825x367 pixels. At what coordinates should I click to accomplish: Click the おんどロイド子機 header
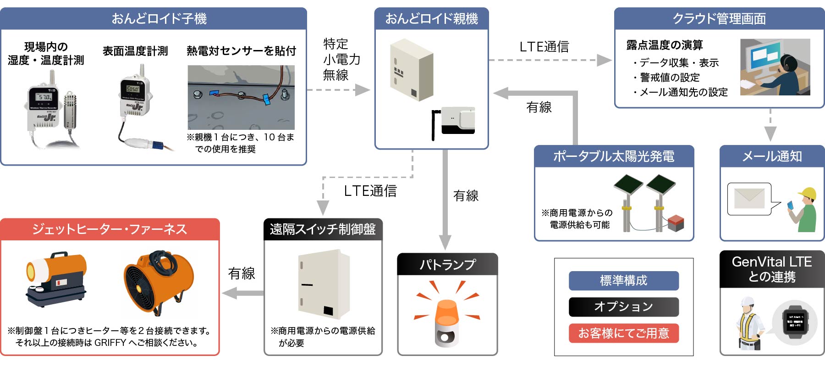click(154, 19)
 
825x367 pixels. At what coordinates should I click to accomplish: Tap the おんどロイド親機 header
click(431, 19)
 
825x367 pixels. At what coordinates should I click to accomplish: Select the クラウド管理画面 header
click(719, 19)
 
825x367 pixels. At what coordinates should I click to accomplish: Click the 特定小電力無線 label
click(341, 60)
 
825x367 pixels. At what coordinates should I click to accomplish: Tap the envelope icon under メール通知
click(749, 199)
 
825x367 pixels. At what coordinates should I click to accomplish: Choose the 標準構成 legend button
click(623, 281)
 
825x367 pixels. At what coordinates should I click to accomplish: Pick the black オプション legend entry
click(623, 307)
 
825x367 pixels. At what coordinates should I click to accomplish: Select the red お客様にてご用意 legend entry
click(623, 333)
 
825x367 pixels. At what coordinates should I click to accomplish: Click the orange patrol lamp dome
click(446, 312)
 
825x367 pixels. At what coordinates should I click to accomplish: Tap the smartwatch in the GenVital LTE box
click(795, 323)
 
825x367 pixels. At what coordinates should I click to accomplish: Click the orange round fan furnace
click(159, 281)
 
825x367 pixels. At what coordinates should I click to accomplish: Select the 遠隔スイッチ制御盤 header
click(323, 229)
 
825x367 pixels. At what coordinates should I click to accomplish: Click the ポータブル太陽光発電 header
click(614, 156)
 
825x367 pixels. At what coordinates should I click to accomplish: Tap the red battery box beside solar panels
click(676, 222)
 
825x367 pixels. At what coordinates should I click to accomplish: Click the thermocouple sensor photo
click(241, 97)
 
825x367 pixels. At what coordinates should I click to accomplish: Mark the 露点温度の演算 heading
click(664, 45)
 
